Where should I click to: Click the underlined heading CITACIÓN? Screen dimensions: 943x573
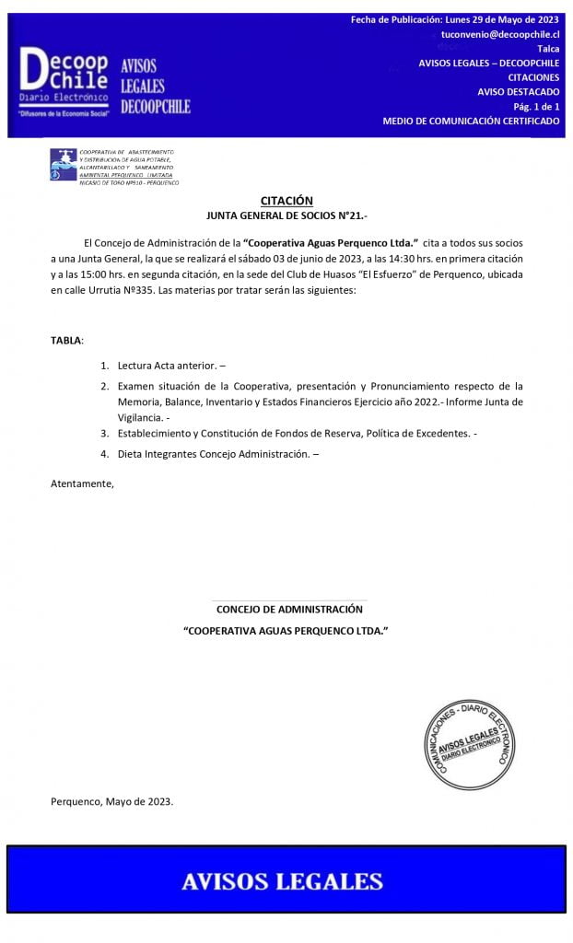click(x=286, y=201)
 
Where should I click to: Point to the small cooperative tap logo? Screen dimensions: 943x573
click(x=63, y=165)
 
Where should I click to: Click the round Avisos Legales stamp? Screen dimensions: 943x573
click(x=469, y=743)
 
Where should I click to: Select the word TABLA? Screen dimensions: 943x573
click(x=66, y=341)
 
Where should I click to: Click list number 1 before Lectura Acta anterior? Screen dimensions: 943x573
click(x=105, y=366)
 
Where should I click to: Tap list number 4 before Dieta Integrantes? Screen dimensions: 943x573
click(x=105, y=454)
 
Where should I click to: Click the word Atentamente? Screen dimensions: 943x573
click(x=82, y=483)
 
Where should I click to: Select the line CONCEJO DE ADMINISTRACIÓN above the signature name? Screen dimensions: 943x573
click(x=289, y=609)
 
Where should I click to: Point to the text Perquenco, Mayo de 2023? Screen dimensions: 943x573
click(x=111, y=801)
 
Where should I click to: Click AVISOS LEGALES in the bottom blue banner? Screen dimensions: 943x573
click(x=282, y=881)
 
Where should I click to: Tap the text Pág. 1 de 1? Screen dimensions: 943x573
click(x=536, y=107)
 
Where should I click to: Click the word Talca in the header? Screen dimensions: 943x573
click(x=548, y=49)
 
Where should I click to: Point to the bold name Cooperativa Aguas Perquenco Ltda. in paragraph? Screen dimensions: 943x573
click(x=324, y=242)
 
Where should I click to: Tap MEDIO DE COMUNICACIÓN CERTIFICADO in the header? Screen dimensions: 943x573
click(x=471, y=122)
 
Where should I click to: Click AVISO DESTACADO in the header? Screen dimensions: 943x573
click(x=518, y=92)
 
